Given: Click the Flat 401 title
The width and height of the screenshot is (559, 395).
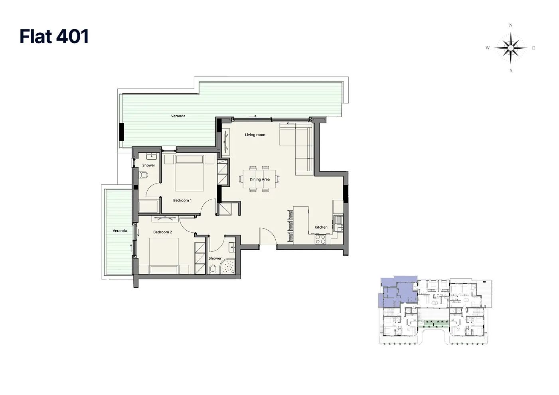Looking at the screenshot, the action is tap(54, 36).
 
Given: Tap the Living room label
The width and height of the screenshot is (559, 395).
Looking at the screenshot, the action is tap(255, 135).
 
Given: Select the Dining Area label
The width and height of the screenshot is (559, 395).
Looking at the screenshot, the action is tap(259, 179).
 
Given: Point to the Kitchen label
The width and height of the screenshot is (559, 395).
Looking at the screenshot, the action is tap(321, 227).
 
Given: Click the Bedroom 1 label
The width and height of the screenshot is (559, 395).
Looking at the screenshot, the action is tap(182, 200).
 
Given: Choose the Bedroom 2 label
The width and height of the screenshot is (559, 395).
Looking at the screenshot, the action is tap(162, 232).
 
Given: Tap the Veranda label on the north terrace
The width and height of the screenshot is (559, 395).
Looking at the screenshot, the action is tap(178, 116).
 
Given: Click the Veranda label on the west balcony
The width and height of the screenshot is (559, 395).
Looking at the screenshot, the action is tap(120, 231).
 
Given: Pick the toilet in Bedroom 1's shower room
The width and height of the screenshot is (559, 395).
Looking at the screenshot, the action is tap(144, 175).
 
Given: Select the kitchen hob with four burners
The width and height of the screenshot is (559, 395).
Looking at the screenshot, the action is tap(320, 239).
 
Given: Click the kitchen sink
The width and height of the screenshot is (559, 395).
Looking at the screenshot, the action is tap(339, 223).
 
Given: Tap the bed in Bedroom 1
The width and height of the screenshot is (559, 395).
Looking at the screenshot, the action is tap(190, 173).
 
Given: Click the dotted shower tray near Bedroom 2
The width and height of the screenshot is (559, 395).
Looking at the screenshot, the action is tap(228, 267).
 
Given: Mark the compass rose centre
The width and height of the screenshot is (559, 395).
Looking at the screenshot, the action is tap(511, 47).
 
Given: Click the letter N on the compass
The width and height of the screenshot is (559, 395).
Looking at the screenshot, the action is tap(511, 25).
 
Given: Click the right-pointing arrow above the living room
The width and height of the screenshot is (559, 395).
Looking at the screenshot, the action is tap(253, 116).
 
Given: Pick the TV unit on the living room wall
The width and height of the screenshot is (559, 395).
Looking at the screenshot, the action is tap(226, 142).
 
